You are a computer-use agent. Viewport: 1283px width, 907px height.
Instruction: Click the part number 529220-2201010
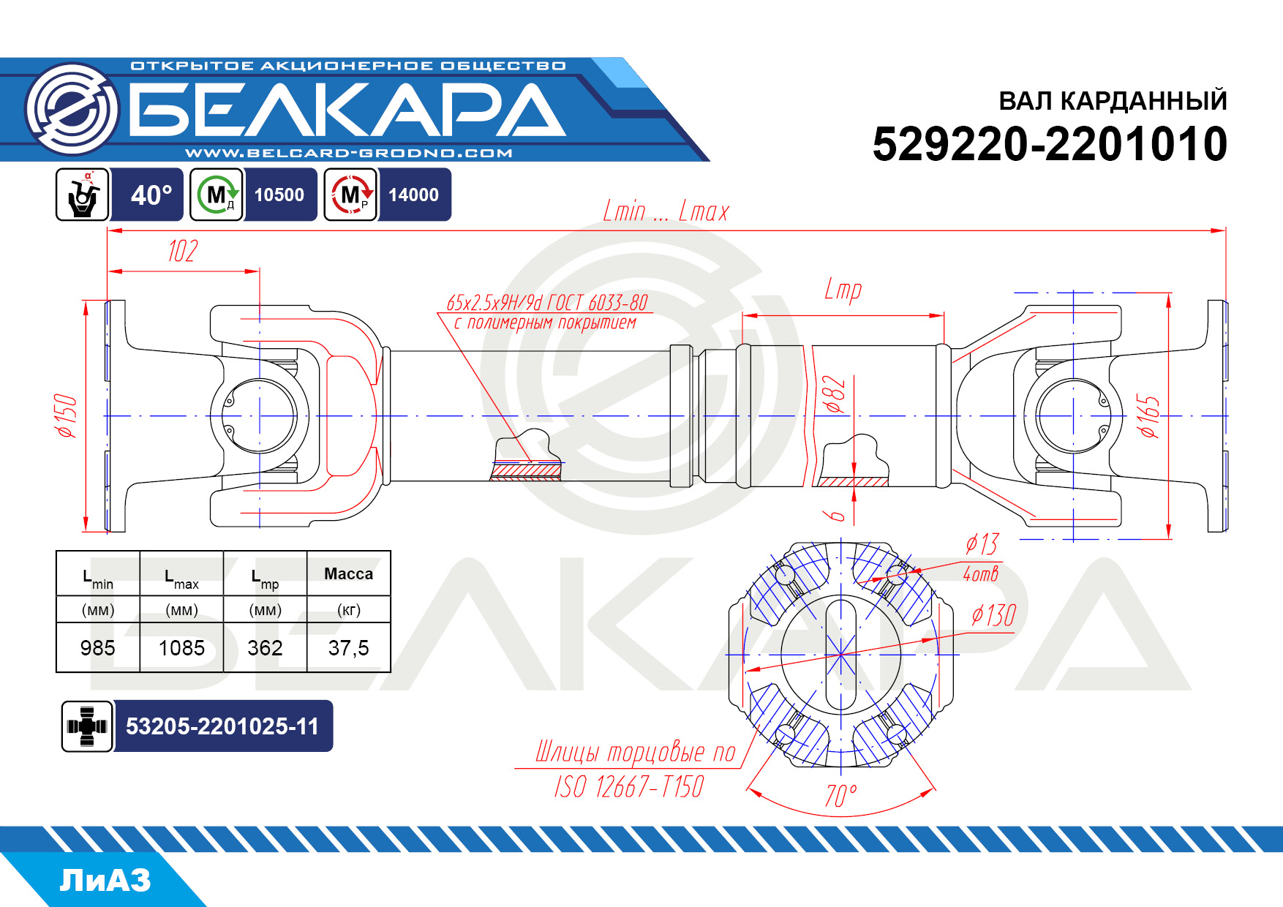click(x=1050, y=143)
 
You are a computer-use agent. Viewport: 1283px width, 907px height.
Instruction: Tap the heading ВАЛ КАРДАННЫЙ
click(x=1113, y=100)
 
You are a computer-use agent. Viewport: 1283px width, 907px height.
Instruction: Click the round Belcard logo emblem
click(x=72, y=109)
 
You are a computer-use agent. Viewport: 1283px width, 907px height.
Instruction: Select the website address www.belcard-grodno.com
click(x=348, y=153)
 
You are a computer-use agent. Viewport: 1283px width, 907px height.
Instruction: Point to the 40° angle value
click(x=151, y=195)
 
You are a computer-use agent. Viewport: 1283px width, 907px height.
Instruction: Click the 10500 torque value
click(x=279, y=195)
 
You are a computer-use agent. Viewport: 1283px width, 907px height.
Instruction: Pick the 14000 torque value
click(x=413, y=195)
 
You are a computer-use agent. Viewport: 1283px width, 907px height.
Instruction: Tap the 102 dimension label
click(x=183, y=251)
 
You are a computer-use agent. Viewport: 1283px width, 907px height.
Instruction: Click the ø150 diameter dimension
click(x=67, y=415)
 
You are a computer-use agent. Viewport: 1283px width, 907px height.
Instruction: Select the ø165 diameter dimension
click(x=1148, y=416)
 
